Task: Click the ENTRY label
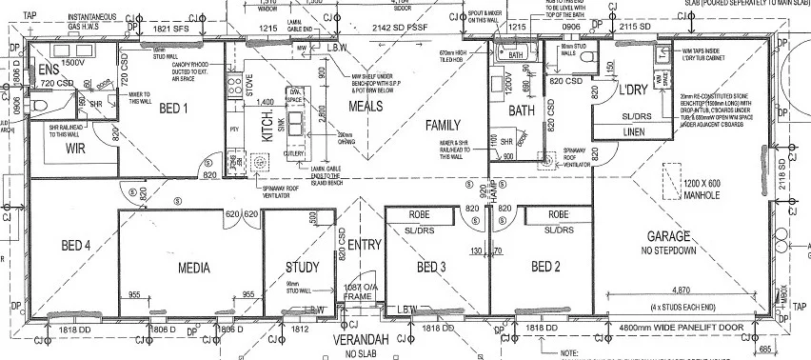click(x=364, y=245)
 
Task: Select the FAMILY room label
click(x=443, y=125)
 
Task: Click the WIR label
click(x=77, y=149)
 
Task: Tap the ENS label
click(x=47, y=70)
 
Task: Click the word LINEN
click(x=635, y=131)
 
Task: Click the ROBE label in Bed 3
click(x=420, y=214)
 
